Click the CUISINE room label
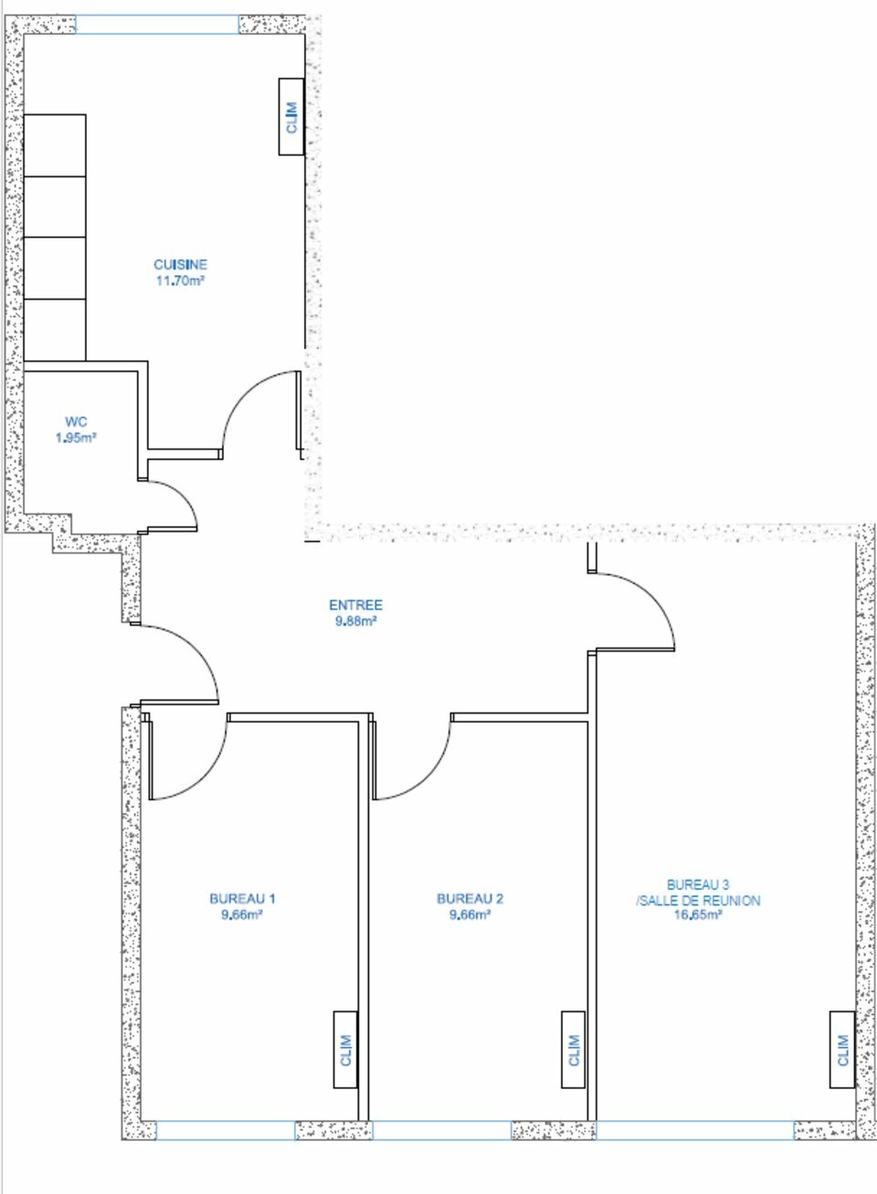tap(180, 264)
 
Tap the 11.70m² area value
tap(180, 280)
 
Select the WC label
tap(76, 422)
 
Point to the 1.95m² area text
tap(76, 438)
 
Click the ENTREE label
tap(355, 605)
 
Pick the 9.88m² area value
tap(355, 621)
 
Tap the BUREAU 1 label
tap(243, 899)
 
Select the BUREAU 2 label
tap(470, 899)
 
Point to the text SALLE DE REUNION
tap(701, 914)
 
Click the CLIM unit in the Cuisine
tap(291, 117)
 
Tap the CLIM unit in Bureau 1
tap(345, 1050)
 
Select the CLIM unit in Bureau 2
tap(573, 1050)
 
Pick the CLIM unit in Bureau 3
tap(842, 1050)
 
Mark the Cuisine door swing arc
tap(244, 394)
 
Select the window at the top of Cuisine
tap(157, 25)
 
